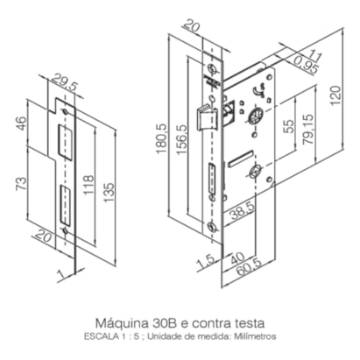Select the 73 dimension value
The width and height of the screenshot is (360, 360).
[x=21, y=184]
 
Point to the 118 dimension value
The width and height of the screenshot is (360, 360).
[x=88, y=185]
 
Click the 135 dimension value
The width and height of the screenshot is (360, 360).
[x=109, y=193]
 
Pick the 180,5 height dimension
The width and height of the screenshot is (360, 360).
[x=162, y=138]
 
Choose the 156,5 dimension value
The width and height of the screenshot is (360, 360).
[x=181, y=139]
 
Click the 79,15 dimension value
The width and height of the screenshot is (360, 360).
[x=308, y=130]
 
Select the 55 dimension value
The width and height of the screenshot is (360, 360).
[x=289, y=126]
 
